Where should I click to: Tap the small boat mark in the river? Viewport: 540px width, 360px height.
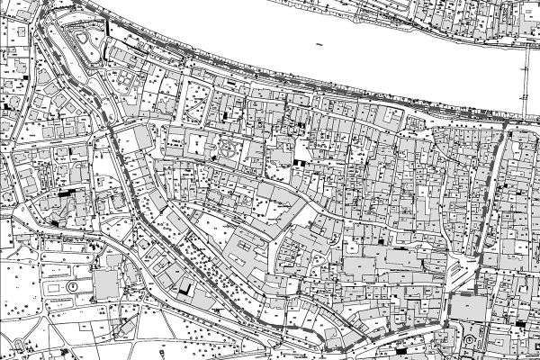click(318, 43)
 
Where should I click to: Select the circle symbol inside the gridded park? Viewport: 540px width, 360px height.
click(70, 286)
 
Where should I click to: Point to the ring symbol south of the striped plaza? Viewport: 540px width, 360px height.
click(468, 340)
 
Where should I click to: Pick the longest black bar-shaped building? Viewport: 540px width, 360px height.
click(65, 193)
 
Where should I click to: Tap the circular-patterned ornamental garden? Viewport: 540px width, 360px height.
click(232, 149)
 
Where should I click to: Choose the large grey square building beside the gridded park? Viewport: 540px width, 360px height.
click(105, 287)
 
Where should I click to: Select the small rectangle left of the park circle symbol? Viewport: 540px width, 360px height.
click(54, 286)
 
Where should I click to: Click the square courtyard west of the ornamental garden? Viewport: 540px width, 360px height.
click(197, 141)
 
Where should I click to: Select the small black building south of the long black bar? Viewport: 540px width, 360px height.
click(58, 220)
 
